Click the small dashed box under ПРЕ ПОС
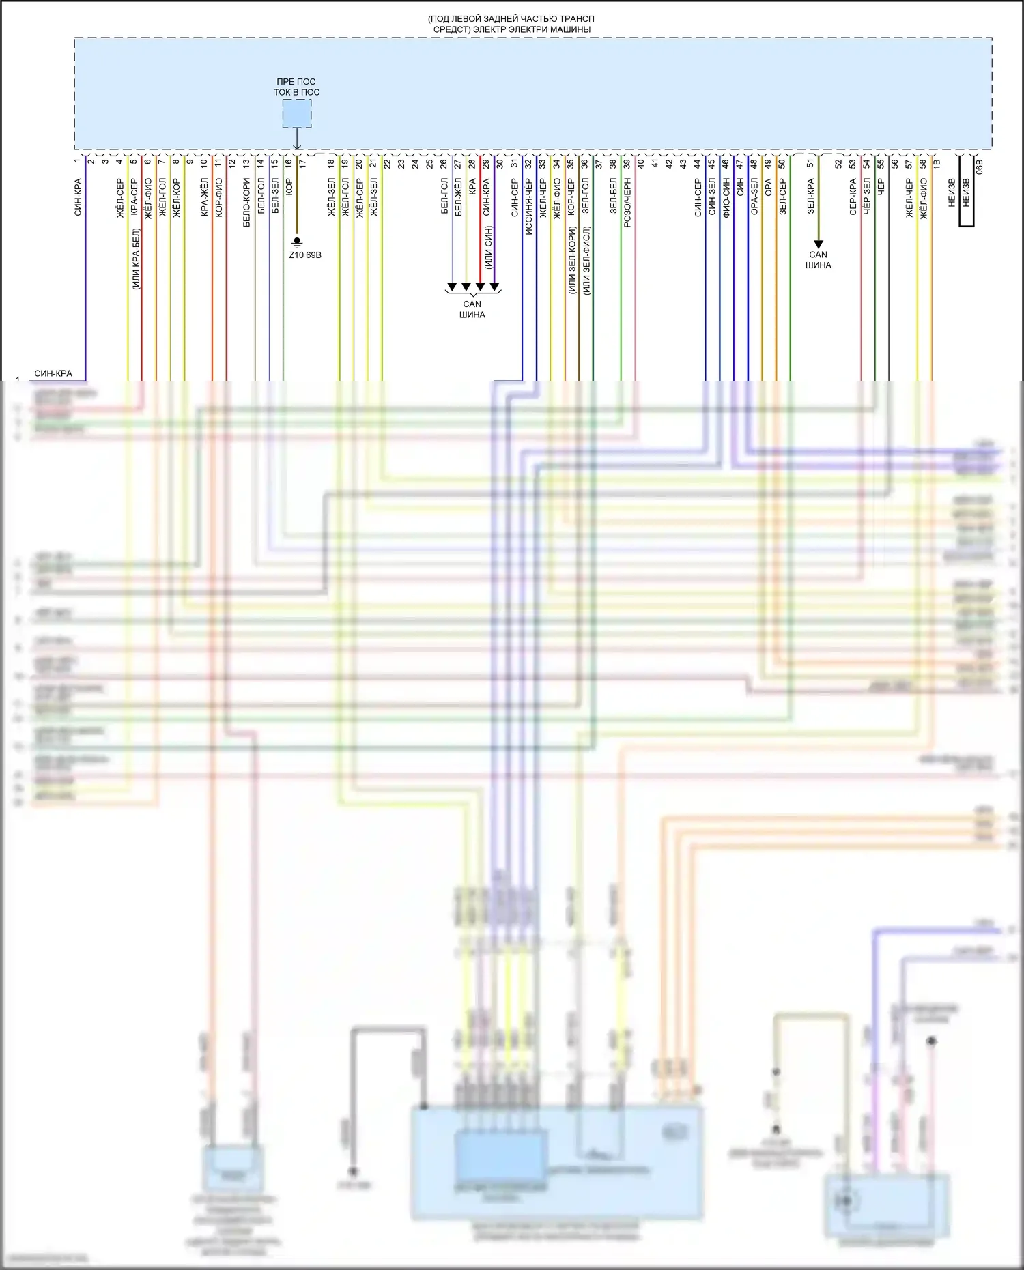click(x=297, y=114)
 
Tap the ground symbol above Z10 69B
click(x=297, y=242)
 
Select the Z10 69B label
click(x=304, y=255)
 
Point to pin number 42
click(x=670, y=164)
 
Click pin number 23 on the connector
click(x=401, y=164)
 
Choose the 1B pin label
click(x=937, y=164)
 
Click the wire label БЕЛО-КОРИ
click(x=247, y=203)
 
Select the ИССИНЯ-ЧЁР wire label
click(x=528, y=207)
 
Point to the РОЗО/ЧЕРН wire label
click(x=627, y=203)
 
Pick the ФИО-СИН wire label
click(x=726, y=197)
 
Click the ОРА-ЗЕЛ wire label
click(x=754, y=197)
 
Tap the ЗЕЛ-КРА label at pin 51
click(x=811, y=197)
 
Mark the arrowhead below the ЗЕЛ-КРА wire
click(x=818, y=244)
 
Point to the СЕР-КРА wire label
click(x=853, y=197)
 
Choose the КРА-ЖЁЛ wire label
click(x=204, y=198)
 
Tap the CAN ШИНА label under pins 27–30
click(x=472, y=309)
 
